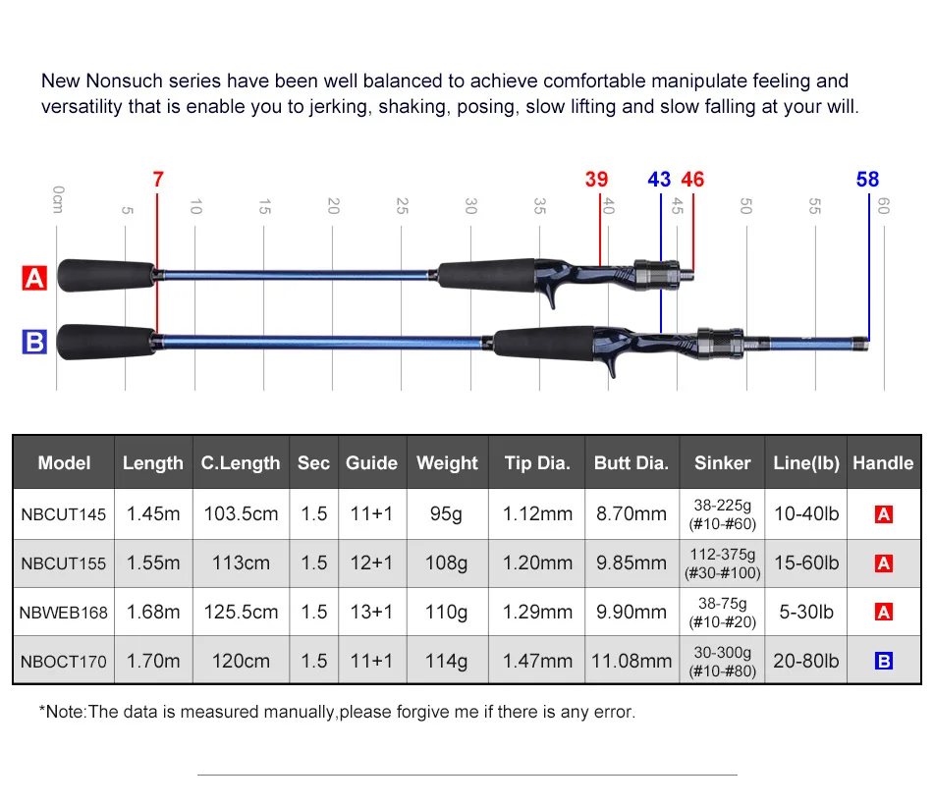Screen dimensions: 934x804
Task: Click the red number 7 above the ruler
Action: pyautogui.click(x=158, y=180)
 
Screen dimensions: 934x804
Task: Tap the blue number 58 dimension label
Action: pyautogui.click(x=867, y=180)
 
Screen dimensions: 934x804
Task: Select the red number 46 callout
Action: pyautogui.click(x=692, y=180)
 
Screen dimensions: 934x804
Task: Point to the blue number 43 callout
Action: pyautogui.click(x=659, y=180)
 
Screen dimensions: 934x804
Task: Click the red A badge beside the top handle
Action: pyautogui.click(x=34, y=278)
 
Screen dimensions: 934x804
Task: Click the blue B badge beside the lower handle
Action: pyautogui.click(x=34, y=342)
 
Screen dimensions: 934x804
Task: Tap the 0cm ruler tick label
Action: pyautogui.click(x=58, y=199)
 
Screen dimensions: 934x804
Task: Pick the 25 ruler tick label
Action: pyautogui.click(x=402, y=206)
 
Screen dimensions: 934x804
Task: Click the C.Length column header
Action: pyautogui.click(x=241, y=462)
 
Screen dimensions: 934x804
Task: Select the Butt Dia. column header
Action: pyautogui.click(x=632, y=462)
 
